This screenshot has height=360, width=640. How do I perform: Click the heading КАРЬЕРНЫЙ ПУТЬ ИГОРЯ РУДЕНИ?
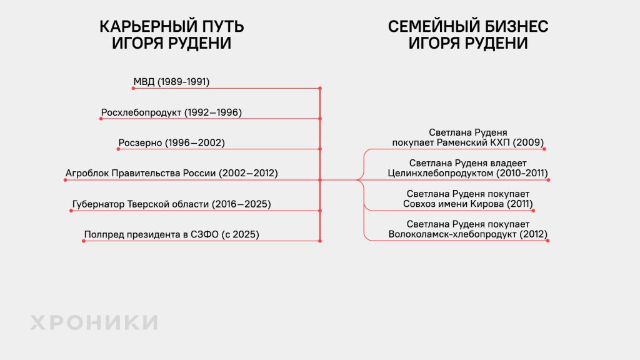171,35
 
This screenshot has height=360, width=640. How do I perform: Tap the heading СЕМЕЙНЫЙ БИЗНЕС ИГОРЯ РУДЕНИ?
467,35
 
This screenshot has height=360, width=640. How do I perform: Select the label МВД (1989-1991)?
171,82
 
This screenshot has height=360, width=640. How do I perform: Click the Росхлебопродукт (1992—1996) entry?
171,112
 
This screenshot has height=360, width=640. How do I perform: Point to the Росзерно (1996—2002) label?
171,143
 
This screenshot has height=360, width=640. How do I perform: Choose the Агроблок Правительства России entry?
171,173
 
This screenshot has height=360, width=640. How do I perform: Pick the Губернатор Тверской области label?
171,204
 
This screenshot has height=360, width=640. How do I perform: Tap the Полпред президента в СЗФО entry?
171,234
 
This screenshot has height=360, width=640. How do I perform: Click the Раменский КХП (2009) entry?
467,137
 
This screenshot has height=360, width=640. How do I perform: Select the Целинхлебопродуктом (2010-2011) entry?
467,168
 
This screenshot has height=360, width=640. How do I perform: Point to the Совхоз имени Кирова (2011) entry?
467,199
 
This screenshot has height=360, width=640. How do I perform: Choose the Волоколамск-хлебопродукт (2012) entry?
467,229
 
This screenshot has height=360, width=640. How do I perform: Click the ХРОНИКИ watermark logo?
94,322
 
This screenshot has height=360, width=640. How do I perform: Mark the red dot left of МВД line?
133,88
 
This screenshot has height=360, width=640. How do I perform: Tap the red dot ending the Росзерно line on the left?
118,149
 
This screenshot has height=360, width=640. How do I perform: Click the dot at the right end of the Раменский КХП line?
544,149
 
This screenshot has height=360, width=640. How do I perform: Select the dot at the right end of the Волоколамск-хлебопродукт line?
547,241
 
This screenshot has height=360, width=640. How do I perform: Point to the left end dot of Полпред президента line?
84,241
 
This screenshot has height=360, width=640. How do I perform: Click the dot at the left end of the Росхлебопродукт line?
101,119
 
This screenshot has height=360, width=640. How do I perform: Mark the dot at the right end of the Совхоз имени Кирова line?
534,211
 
